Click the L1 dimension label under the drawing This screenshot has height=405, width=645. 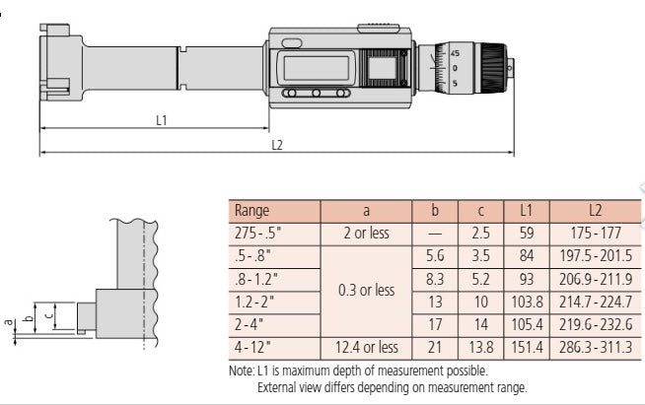tap(162, 120)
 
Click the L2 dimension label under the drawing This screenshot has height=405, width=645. tap(277, 145)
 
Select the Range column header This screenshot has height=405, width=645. tap(251, 211)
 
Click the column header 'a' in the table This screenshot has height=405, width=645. tap(366, 211)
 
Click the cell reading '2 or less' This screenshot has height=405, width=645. tap(366, 234)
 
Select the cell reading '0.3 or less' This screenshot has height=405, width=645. tap(366, 290)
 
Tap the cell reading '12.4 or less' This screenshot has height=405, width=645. tap(366, 347)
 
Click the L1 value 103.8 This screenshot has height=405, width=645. tap(526, 302)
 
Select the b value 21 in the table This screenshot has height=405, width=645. tap(435, 347)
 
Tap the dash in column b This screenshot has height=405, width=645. tap(435, 234)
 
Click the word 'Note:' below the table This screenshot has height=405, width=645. tap(241, 371)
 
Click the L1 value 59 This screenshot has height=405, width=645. tap(526, 234)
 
